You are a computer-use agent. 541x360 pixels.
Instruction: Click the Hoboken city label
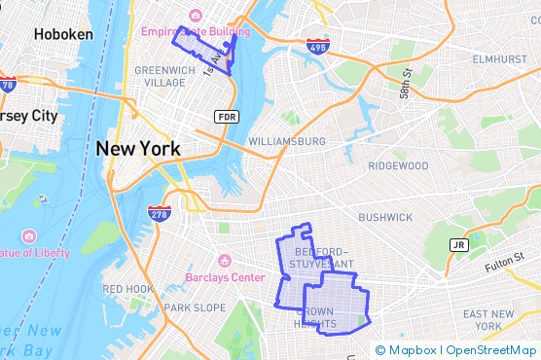tap(63, 34)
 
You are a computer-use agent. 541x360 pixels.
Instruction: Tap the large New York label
tap(137, 149)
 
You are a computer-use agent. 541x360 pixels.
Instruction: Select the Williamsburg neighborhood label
tap(287, 141)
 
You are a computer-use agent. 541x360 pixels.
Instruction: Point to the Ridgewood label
tap(398, 165)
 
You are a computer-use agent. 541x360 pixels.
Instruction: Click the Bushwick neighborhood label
tap(385, 217)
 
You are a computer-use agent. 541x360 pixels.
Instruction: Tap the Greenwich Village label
tap(164, 76)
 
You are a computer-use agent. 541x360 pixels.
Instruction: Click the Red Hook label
tap(127, 289)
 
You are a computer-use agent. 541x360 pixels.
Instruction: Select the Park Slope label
tap(195, 307)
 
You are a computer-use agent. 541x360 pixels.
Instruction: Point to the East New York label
tap(488, 320)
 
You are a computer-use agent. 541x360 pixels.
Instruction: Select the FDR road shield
tap(227, 117)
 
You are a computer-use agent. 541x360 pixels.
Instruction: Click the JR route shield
tap(459, 244)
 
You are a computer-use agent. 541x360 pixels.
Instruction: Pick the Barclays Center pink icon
tap(224, 261)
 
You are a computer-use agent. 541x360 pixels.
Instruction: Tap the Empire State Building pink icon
tap(197, 16)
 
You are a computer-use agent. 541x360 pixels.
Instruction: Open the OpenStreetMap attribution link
tap(491, 350)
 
